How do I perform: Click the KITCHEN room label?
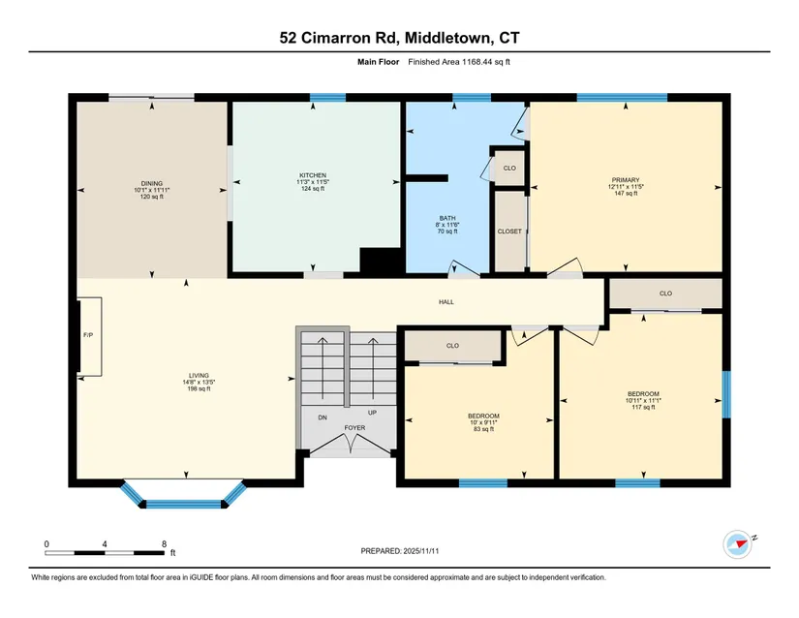coord(313,175)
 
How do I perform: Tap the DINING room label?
coord(152,183)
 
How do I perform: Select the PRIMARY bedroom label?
coord(626,180)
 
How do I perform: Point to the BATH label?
coord(447,218)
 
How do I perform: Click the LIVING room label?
coord(199,376)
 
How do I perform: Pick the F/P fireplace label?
coord(88,335)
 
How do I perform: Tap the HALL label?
coord(446,302)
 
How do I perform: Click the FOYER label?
coord(354,428)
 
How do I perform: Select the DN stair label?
coord(323,417)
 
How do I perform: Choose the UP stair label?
coord(373,413)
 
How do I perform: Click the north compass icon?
coord(737,544)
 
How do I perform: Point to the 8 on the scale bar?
coord(164,544)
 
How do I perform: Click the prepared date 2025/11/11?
coord(421,551)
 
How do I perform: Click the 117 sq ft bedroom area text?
coord(643,407)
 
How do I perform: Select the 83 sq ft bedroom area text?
coord(483,429)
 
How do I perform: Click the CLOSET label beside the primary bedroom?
coord(509,232)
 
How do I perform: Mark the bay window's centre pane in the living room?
coord(184,505)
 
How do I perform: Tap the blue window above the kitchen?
coord(327,98)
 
